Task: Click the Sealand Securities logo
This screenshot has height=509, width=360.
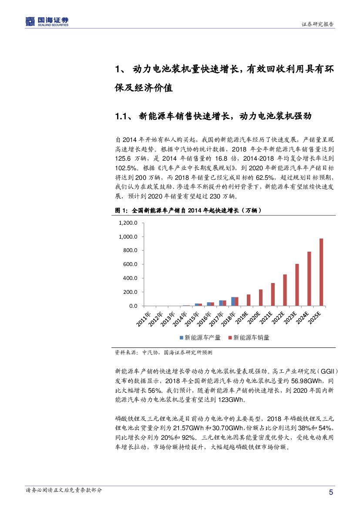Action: click(47, 21)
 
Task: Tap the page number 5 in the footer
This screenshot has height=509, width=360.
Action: click(331, 492)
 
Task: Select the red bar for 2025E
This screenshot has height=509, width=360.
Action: click(321, 272)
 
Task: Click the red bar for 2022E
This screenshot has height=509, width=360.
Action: click(285, 290)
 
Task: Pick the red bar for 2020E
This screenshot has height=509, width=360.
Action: click(260, 298)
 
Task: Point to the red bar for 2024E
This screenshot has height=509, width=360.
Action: click(309, 279)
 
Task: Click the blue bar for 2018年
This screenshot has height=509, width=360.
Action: click(233, 301)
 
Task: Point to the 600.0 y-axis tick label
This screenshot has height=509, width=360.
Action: click(130, 264)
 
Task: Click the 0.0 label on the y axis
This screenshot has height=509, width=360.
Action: click(133, 306)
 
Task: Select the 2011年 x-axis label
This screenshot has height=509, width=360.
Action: click(144, 318)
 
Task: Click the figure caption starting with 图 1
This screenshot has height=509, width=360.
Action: click(188, 210)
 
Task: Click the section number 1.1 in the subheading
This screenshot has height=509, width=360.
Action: click(120, 116)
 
